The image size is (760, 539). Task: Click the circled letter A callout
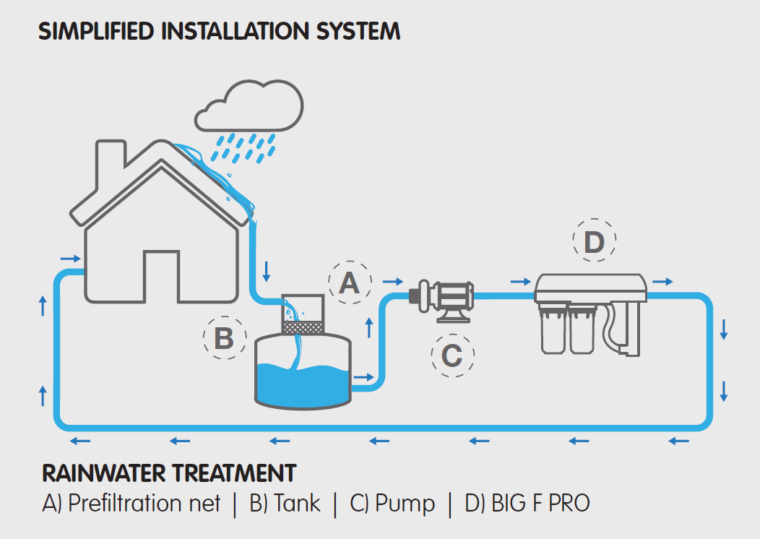point(350,283)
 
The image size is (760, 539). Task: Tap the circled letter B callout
point(224,337)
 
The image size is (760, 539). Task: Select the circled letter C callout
point(452,355)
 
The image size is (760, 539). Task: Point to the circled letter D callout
point(594,242)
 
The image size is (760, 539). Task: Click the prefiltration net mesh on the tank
point(302,327)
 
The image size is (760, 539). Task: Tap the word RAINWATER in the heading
point(104,473)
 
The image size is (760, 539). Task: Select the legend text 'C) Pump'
point(392,503)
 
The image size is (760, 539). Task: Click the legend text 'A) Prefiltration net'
point(131,503)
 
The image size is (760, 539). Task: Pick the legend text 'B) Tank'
point(285,503)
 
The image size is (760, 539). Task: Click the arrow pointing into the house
point(70,257)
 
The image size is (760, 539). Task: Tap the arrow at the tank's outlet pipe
point(364,377)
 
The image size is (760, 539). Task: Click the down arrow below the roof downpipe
point(267,271)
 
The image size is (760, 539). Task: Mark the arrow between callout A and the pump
point(392,281)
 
